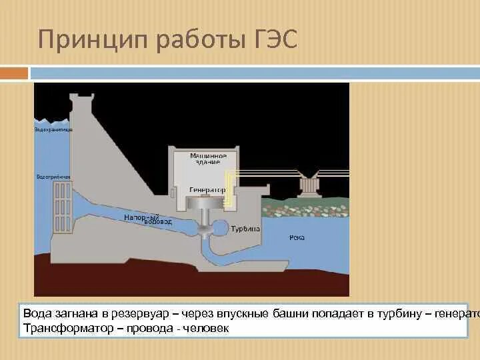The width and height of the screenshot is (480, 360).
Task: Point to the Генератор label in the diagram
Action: pyautogui.click(x=207, y=190)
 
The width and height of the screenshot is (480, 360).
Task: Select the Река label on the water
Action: pyautogui.click(x=297, y=237)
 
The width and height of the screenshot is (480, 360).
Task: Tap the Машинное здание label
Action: pyautogui.click(x=213, y=159)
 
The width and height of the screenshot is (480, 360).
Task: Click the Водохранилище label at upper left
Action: pyautogui.click(x=53, y=129)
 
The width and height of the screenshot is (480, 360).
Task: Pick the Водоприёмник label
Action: pyautogui.click(x=53, y=177)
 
